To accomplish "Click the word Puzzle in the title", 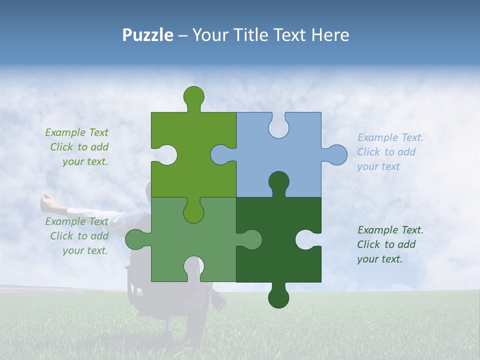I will (148, 35).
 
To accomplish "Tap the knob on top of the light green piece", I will (193, 96).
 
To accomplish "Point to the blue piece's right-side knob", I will (336, 154).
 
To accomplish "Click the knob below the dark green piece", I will (278, 298).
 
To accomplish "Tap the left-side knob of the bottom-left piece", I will (135, 239).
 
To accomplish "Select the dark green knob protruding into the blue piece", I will (278, 182).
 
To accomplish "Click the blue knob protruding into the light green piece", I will (220, 154).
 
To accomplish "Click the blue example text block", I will (390, 152).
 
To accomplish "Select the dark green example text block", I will (390, 244).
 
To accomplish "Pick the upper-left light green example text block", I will (77, 147).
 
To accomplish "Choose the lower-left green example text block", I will (77, 236).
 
